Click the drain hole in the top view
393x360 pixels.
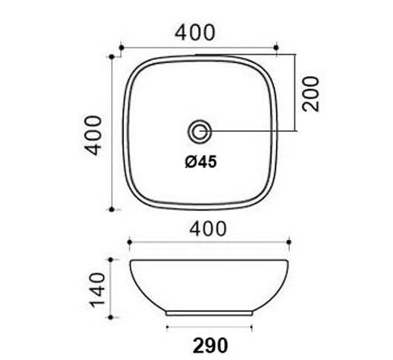tap(199, 132)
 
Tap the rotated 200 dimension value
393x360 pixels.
tap(312, 93)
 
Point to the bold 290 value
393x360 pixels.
tap(210, 344)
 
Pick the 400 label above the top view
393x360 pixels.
tap(194, 33)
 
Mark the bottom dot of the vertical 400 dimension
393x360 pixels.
tap(111, 210)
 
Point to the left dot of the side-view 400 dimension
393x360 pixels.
tap(131, 241)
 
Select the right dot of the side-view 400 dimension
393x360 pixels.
tap(288, 241)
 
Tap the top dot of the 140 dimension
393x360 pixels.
tap(111, 260)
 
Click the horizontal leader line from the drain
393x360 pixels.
tap(252, 132)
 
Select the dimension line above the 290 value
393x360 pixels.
tap(209, 327)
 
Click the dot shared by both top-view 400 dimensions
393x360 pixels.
tap(111, 55)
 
